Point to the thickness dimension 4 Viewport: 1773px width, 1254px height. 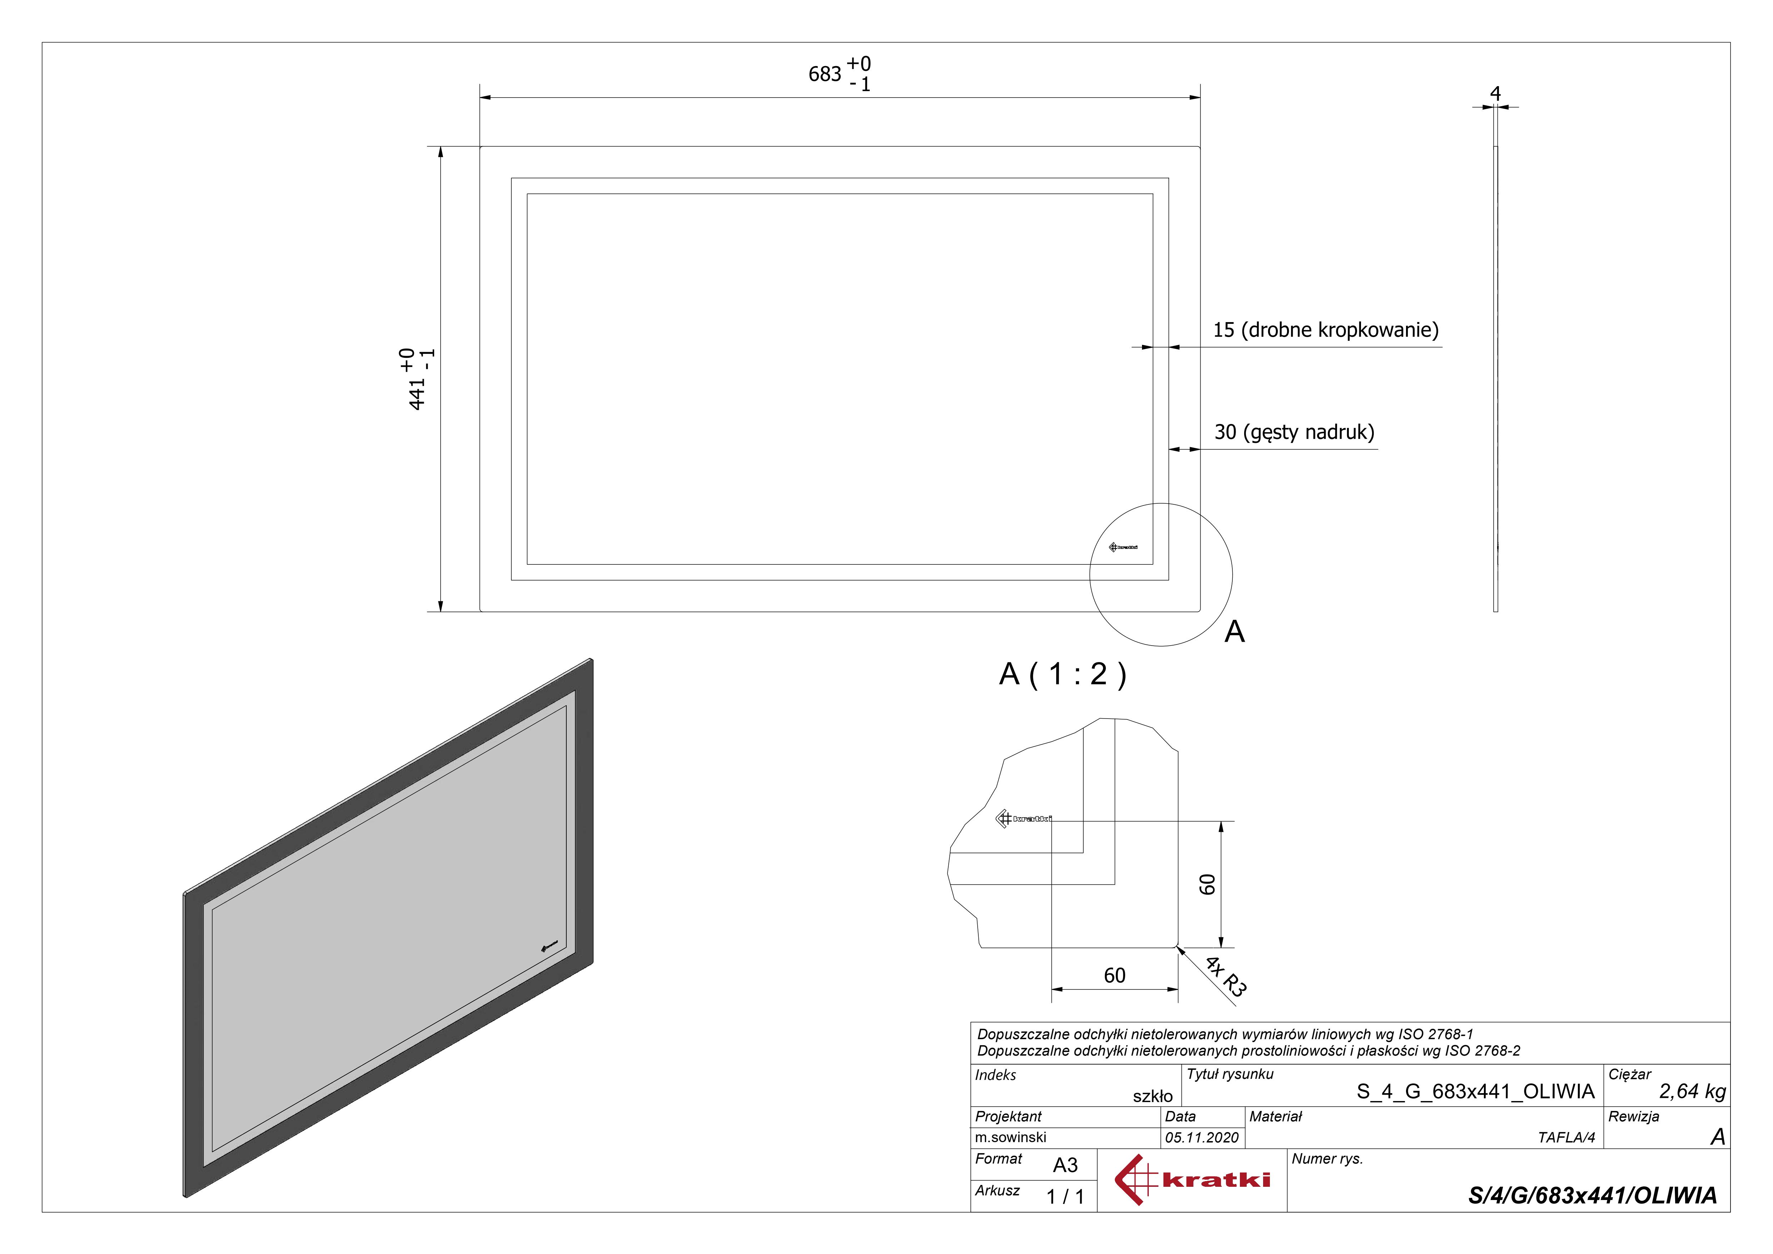pos(1495,94)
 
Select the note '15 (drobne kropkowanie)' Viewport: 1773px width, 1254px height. pos(1325,330)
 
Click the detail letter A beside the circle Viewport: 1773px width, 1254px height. pos(1234,632)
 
